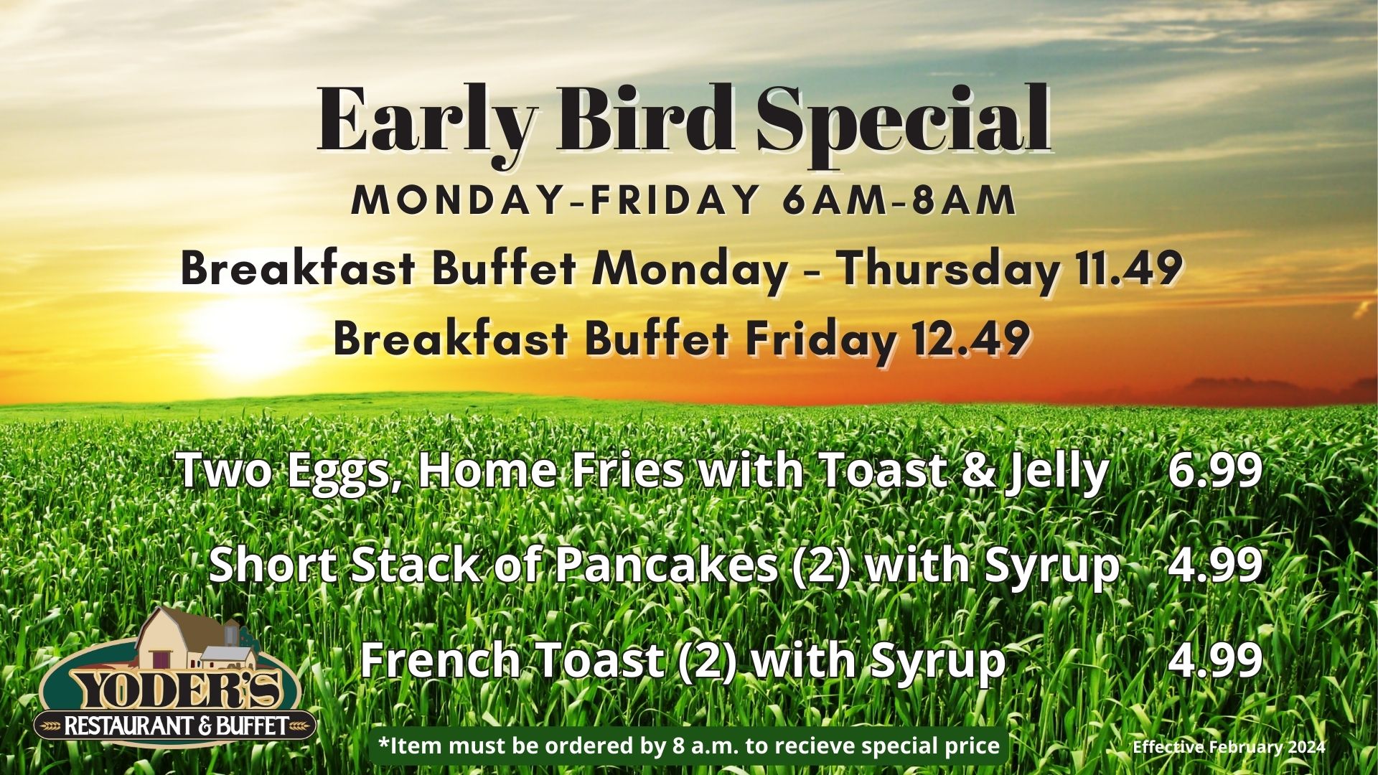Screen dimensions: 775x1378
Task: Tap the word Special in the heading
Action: click(903, 122)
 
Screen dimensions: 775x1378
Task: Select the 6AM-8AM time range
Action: click(899, 201)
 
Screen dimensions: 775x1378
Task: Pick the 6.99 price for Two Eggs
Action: click(1214, 471)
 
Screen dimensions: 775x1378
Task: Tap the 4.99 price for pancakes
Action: click(1214, 565)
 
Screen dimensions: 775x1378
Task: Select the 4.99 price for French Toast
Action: click(1214, 659)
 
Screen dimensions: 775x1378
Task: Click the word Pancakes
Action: click(667, 565)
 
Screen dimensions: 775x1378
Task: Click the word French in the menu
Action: click(440, 659)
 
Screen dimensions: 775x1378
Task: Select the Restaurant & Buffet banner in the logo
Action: click(176, 726)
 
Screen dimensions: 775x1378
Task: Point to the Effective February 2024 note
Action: click(1229, 747)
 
